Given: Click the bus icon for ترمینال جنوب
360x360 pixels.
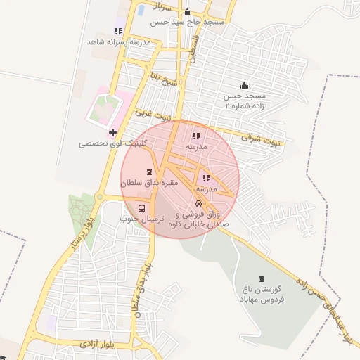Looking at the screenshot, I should pyautogui.click(x=143, y=209).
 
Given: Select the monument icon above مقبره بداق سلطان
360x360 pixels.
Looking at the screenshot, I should pyautogui.click(x=149, y=172).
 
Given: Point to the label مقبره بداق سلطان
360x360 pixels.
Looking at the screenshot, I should pyautogui.click(x=150, y=183).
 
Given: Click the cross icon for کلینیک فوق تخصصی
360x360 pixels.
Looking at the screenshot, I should pyautogui.click(x=112, y=132).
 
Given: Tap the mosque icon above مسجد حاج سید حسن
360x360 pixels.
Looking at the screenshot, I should pyautogui.click(x=187, y=11).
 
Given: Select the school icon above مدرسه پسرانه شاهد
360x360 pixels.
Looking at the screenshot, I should pyautogui.click(x=118, y=31).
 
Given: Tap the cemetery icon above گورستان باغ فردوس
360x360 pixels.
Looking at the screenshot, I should pyautogui.click(x=262, y=278).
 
